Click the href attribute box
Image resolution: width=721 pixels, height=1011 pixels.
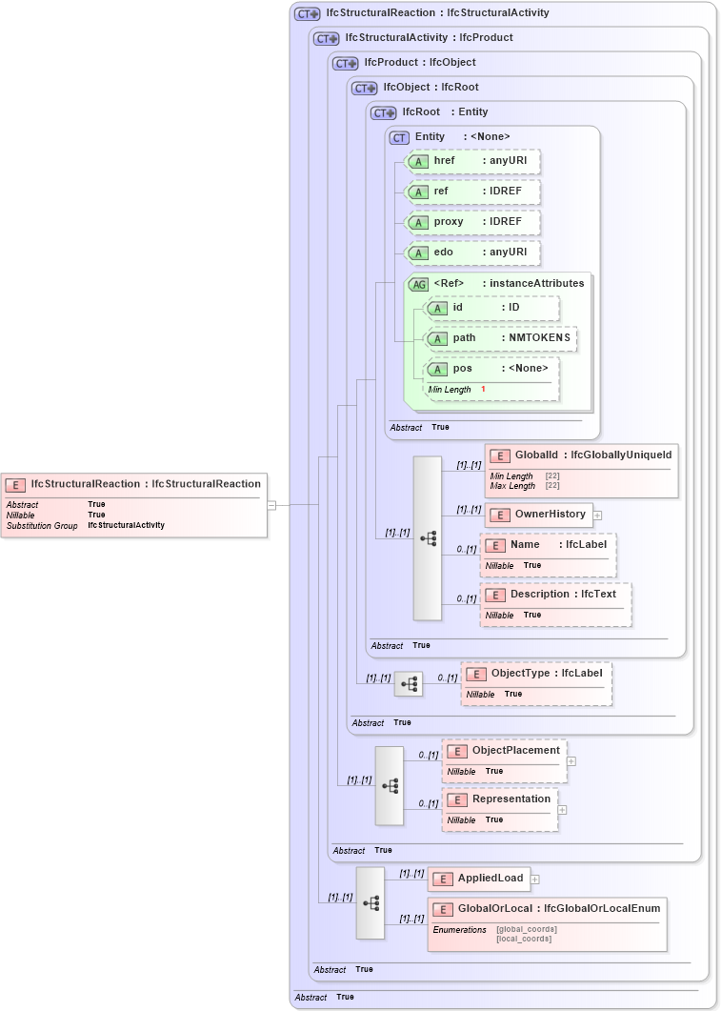click(472, 161)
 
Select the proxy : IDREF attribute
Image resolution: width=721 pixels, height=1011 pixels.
click(472, 222)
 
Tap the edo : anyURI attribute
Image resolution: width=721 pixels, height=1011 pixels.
click(472, 253)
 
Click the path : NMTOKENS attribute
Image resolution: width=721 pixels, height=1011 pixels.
click(500, 338)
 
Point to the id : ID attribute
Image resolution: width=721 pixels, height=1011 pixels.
click(491, 308)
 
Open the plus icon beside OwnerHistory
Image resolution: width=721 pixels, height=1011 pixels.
click(598, 516)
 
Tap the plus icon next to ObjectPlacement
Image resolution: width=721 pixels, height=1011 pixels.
click(571, 761)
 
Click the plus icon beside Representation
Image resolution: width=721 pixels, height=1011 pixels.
click(562, 810)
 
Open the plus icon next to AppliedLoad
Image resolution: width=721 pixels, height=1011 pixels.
click(535, 880)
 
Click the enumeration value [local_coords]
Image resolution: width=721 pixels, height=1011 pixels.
click(524, 940)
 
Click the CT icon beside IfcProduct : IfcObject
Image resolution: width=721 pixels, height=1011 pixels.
click(345, 63)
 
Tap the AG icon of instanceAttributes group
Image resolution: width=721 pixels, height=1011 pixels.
click(418, 284)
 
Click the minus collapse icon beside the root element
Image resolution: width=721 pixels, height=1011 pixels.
click(271, 505)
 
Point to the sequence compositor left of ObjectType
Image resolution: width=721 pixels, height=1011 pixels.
click(409, 683)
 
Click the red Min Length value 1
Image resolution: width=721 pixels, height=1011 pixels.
click(483, 390)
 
